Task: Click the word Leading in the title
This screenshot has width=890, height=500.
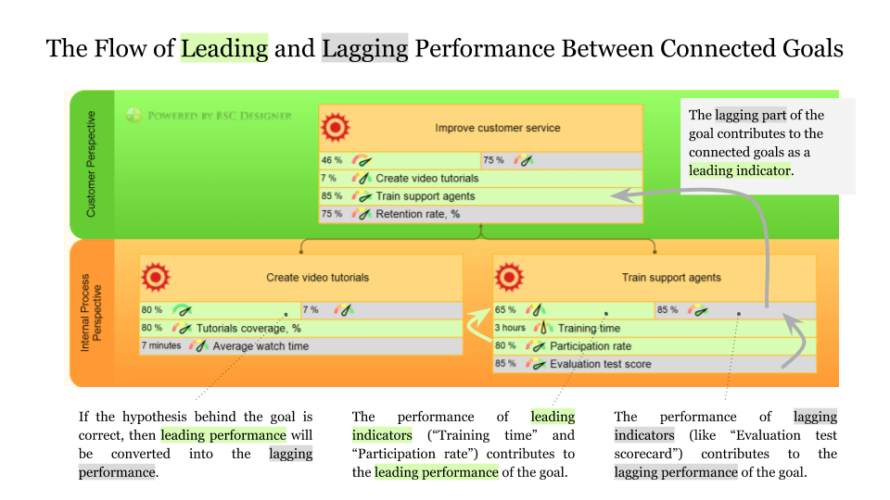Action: [224, 48]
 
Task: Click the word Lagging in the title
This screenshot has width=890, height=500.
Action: [364, 48]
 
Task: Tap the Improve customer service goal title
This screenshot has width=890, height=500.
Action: [497, 128]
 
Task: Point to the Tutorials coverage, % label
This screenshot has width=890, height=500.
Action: [248, 328]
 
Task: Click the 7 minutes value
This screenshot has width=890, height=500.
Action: [161, 346]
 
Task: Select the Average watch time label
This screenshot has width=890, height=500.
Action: [261, 346]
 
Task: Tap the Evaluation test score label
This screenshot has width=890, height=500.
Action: [600, 364]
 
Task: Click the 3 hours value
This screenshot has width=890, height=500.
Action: [510, 328]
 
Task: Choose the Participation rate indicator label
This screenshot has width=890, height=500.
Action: [591, 346]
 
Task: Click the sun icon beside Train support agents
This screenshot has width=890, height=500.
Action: [509, 277]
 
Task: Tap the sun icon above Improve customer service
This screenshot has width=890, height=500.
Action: [334, 125]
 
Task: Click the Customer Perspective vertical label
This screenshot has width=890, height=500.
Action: [90, 165]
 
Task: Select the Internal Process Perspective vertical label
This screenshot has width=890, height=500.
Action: [90, 312]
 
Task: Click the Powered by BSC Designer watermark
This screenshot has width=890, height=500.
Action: [210, 116]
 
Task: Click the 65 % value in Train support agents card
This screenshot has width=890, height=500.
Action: [505, 310]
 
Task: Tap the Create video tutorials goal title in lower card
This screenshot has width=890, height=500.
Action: [317, 277]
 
